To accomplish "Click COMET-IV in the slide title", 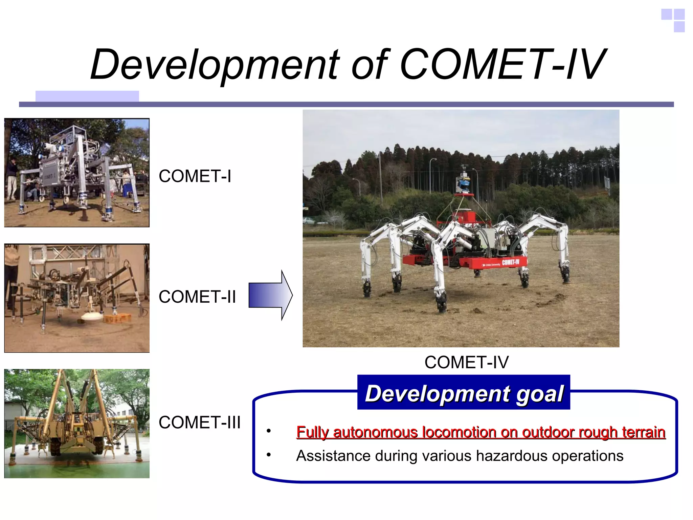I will (502, 65).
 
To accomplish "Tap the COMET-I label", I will (195, 176).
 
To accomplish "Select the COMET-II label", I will (197, 297).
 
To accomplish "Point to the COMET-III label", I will (200, 422).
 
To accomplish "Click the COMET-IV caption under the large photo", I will (466, 363).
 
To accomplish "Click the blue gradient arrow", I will (270, 295).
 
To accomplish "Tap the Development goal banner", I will (464, 393).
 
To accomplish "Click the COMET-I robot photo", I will (77, 173).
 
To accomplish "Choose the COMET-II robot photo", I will (77, 298).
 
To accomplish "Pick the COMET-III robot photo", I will (77, 424).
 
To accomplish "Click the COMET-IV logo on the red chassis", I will (510, 262).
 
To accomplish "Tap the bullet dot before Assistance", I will (268, 455).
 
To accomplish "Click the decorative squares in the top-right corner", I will (673, 20).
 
